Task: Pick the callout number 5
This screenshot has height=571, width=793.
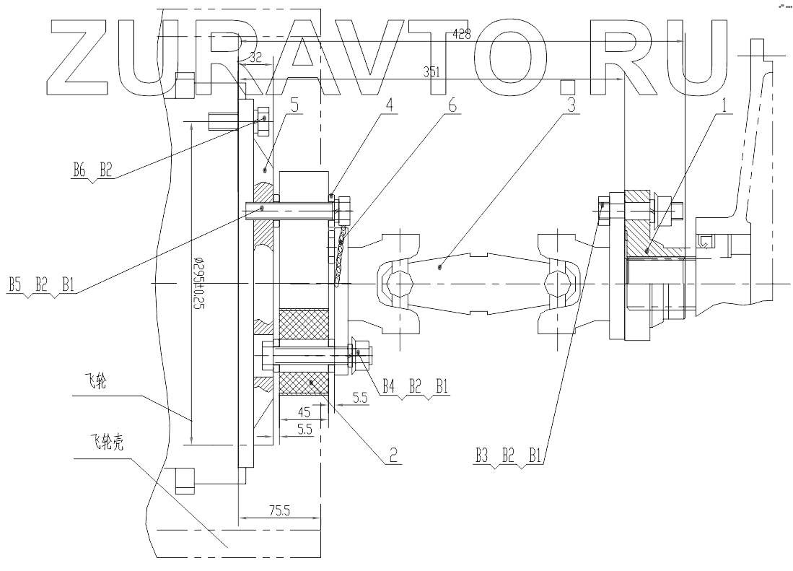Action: click(294, 104)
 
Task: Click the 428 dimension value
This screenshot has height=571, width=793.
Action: click(462, 33)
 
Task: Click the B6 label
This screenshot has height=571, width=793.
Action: click(79, 170)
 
